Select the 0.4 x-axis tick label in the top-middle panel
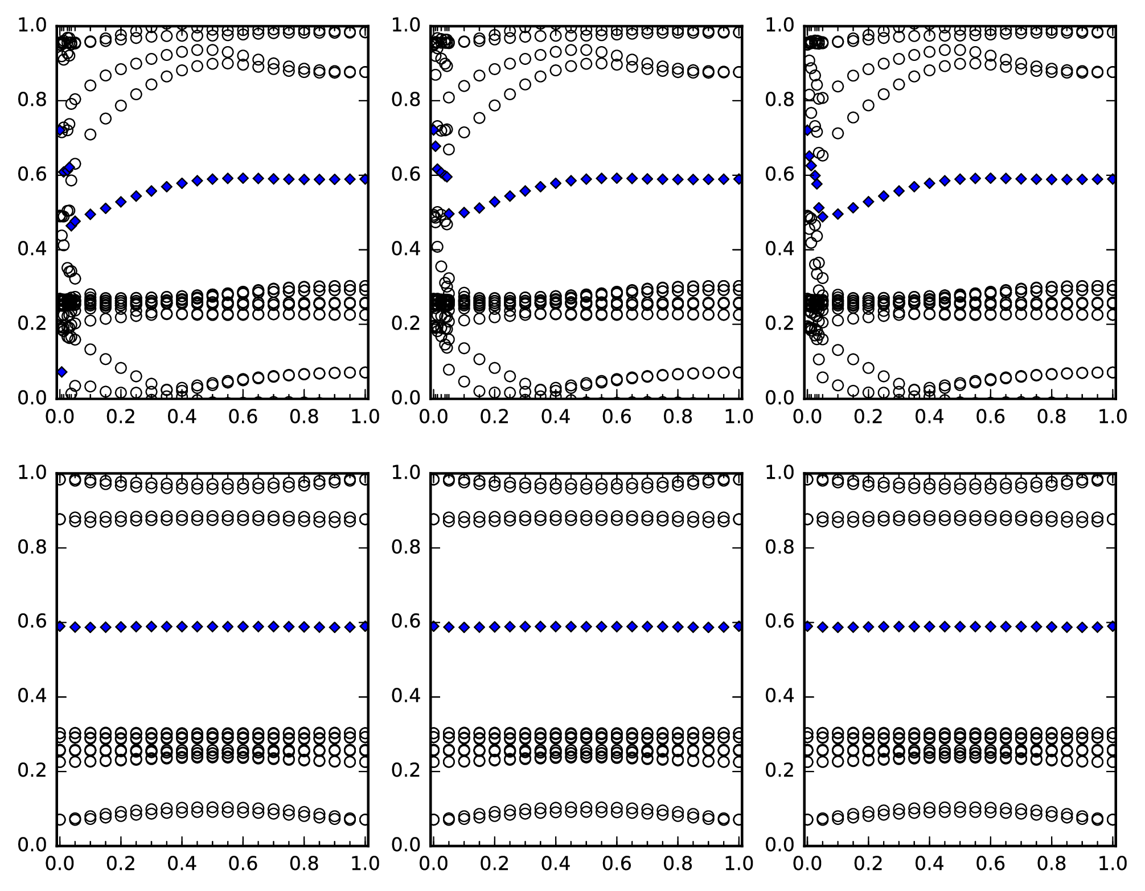[x=555, y=417]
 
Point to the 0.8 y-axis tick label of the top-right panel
[x=777, y=100]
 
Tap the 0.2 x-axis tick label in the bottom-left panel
[x=121, y=864]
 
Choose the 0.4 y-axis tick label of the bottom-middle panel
[x=404, y=696]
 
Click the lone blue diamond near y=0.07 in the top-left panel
[x=61, y=372]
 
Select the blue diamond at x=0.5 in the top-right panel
[x=960, y=179]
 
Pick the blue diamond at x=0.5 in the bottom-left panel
[x=212, y=626]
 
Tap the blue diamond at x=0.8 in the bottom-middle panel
[x=678, y=626]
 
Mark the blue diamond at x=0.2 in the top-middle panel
[x=494, y=202]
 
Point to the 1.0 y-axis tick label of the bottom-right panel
[x=777, y=473]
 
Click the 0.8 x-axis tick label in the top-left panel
[x=305, y=417]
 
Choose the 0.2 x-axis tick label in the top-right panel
[x=868, y=417]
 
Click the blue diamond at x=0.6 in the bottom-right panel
[x=991, y=626]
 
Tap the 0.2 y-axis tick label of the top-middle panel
[x=404, y=323]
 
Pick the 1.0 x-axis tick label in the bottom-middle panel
[x=739, y=864]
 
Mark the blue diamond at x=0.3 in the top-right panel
[x=899, y=191]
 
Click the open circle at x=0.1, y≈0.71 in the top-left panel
[x=90, y=134]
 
